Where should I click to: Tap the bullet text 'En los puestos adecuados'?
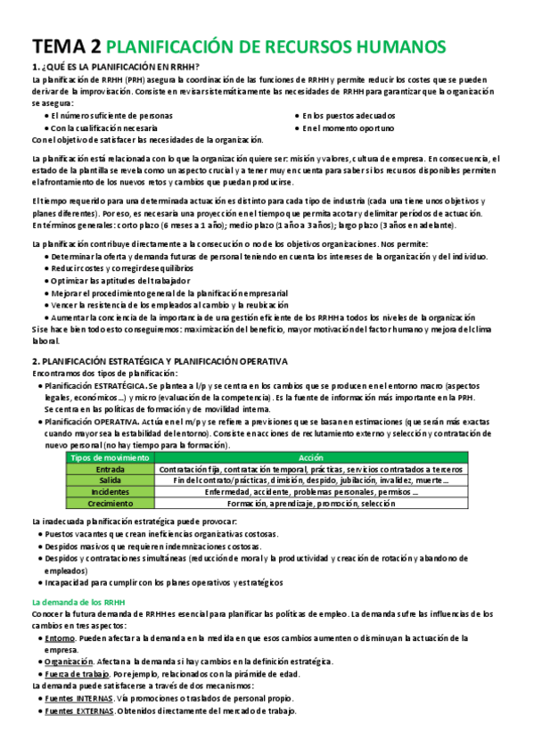pos(349,116)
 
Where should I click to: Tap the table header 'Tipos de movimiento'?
pos(110,456)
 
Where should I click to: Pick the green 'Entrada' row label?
pos(110,469)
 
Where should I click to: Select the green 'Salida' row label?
pos(110,481)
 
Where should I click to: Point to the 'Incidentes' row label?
pos(110,492)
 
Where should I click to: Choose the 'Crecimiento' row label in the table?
pos(110,504)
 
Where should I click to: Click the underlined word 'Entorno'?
pos(60,638)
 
